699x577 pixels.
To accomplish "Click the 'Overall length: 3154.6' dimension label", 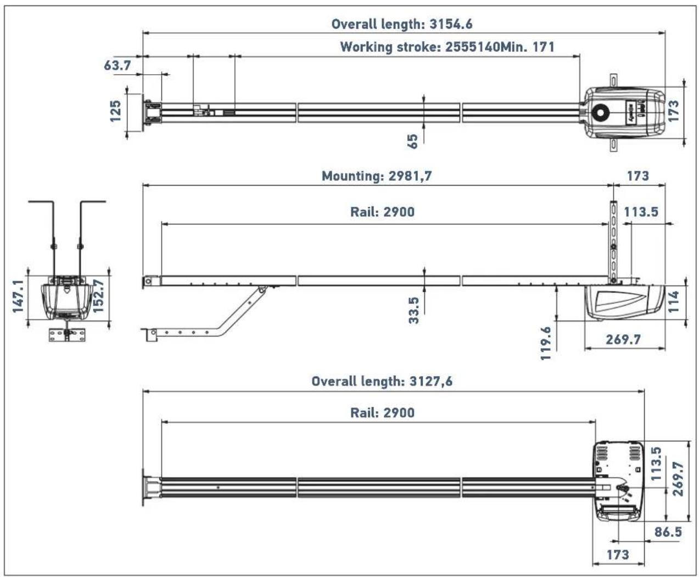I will click(x=401, y=24).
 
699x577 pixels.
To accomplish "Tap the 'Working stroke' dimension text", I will click(x=447, y=47).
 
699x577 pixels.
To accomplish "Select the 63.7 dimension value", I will click(x=118, y=65).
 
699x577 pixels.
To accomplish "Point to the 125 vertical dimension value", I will click(x=115, y=111).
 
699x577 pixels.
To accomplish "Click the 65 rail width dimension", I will click(x=413, y=141).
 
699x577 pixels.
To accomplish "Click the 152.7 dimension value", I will click(x=99, y=296).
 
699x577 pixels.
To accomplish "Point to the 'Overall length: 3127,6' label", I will click(x=382, y=381).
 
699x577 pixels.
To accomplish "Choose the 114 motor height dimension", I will click(x=674, y=301).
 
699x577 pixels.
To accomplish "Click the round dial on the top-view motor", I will click(x=601, y=112).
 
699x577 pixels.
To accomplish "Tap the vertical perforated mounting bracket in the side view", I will click(x=612, y=242).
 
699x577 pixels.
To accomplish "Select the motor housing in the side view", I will click(x=624, y=302).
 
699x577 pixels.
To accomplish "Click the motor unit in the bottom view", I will click(x=618, y=480).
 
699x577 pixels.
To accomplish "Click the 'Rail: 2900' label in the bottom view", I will click(x=382, y=413).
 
